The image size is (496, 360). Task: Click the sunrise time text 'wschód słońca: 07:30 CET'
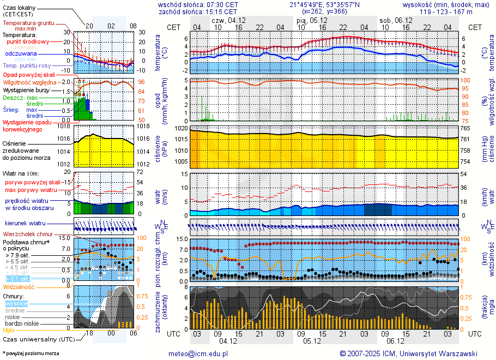point(198,4)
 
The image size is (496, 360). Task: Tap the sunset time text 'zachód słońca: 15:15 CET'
point(197,11)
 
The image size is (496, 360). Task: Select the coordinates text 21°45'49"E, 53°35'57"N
point(325,4)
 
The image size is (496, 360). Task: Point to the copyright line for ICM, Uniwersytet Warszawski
point(408,353)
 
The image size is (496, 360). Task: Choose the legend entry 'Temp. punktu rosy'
point(27,65)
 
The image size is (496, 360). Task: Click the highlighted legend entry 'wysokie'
point(16,303)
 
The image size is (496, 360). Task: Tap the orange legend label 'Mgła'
point(9,330)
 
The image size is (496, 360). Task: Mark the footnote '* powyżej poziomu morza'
point(31,353)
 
